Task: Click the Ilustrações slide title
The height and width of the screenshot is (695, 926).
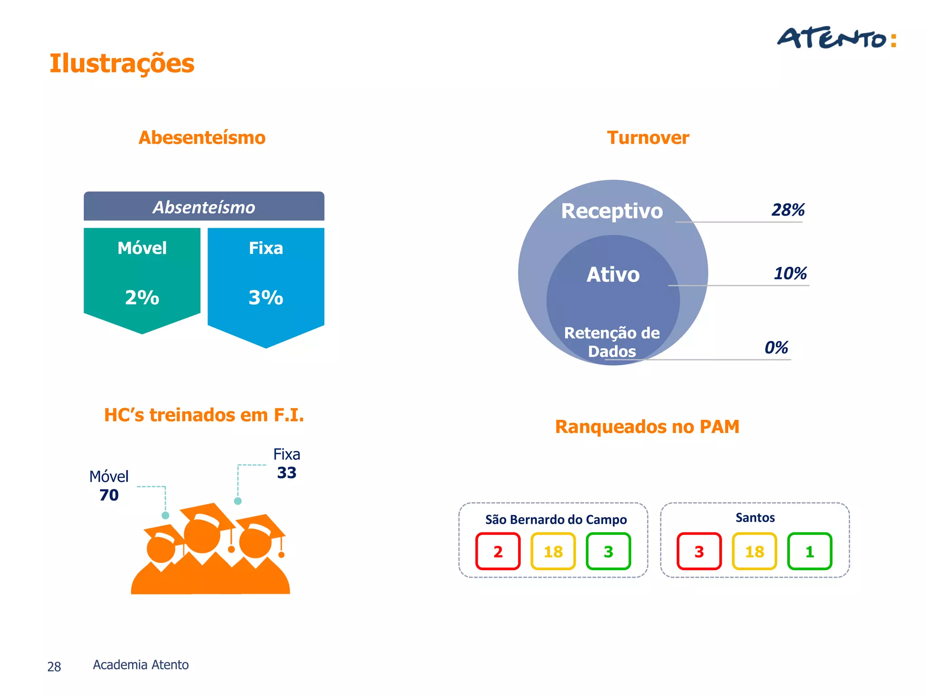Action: pos(122,63)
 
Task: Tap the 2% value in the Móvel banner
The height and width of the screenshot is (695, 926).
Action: pos(142,298)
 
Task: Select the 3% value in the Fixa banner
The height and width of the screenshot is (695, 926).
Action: pos(266,298)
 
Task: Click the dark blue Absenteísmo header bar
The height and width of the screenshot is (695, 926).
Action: pos(204,207)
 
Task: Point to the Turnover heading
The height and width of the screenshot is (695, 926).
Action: pos(647,138)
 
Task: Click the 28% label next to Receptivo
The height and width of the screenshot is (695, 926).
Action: pos(788,210)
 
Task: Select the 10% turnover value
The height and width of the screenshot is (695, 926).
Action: pos(790,273)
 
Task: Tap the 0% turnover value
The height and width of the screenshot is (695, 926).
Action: pos(776,347)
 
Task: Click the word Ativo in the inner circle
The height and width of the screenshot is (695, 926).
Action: pos(613,275)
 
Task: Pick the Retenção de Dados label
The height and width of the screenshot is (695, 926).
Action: pos(612,342)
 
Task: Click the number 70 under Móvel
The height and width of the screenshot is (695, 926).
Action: pos(109,495)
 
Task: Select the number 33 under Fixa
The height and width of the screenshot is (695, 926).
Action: pos(287,473)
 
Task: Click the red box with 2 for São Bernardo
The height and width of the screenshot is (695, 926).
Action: pos(498,551)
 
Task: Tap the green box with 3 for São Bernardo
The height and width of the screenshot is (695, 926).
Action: pos(608,551)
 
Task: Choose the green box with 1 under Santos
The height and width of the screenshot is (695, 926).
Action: pos(809,551)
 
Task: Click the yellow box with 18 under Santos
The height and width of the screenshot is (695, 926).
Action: pos(754,551)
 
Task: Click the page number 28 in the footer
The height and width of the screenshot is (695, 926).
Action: pos(54,666)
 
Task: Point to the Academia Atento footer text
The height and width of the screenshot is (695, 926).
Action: pos(141,665)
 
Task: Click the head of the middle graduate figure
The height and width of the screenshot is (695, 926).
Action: pos(202,536)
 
